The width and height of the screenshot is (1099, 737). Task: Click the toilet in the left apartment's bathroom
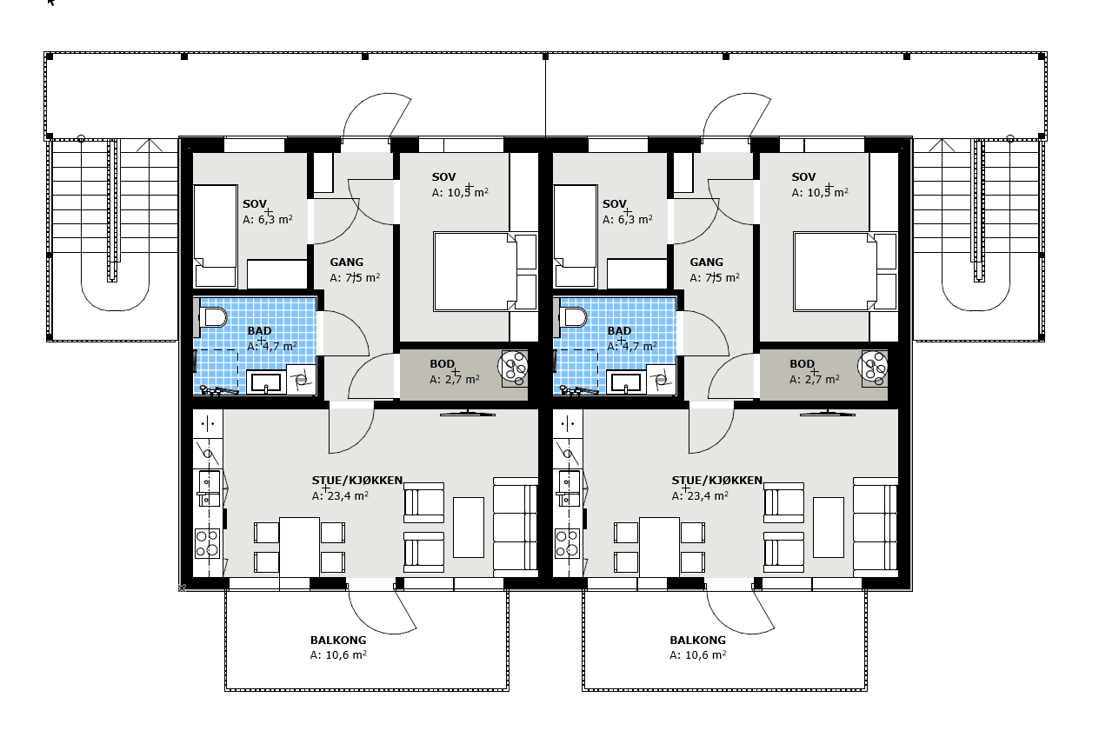click(212, 318)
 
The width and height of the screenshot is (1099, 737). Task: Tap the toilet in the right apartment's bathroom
click(572, 318)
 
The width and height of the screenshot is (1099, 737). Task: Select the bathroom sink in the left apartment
click(265, 382)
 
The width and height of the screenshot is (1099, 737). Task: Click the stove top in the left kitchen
click(208, 543)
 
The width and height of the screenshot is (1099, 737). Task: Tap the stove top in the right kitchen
click(568, 543)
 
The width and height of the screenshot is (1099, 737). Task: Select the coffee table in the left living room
click(468, 528)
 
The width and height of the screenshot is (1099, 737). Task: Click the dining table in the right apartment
click(659, 547)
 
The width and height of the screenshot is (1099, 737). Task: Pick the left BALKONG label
click(338, 640)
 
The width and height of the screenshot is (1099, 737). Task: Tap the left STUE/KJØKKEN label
click(357, 480)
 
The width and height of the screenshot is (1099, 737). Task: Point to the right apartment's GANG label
click(706, 262)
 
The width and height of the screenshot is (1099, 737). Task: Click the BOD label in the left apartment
click(442, 364)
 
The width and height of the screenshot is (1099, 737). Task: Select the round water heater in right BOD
click(873, 366)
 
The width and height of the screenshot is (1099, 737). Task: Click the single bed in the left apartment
click(216, 236)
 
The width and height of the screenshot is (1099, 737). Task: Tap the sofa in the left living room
click(515, 528)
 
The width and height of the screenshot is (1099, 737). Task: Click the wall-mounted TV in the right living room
click(827, 414)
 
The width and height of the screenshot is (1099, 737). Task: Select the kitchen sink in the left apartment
click(209, 488)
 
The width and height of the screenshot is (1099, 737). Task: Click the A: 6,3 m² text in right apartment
click(628, 219)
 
